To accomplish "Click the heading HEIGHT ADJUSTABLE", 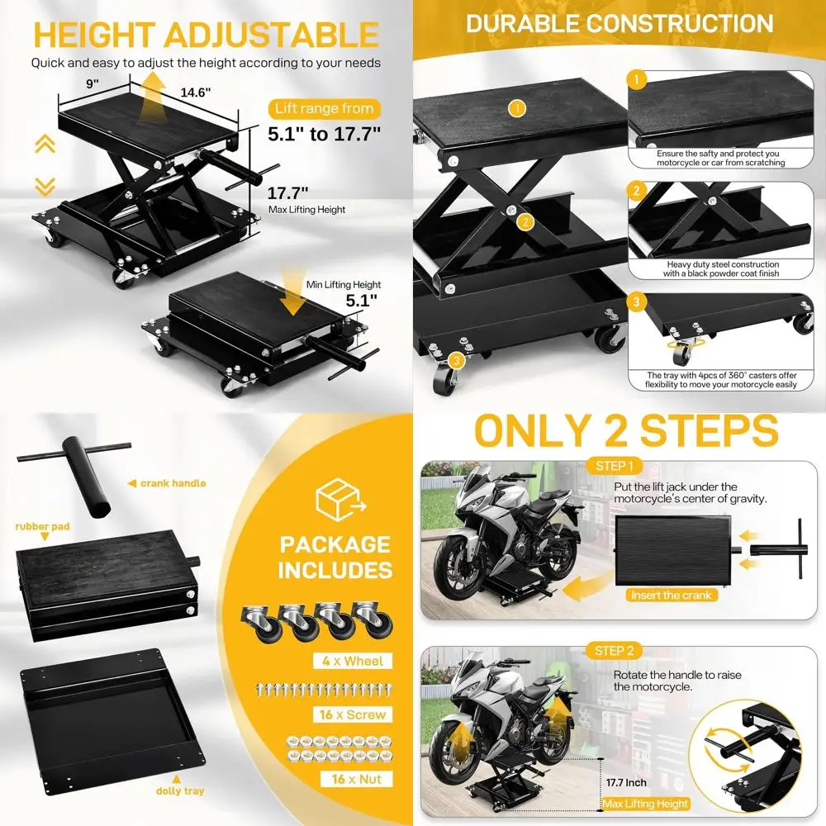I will [x=206, y=35].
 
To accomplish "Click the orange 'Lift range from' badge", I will [x=321, y=108].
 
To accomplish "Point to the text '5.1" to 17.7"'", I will [x=324, y=134].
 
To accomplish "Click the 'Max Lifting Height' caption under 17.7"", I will [x=306, y=210].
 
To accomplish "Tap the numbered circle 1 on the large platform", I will [x=517, y=107].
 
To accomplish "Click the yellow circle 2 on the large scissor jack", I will [x=523, y=221].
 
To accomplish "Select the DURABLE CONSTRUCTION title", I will [x=619, y=24].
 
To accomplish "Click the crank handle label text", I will [x=173, y=483].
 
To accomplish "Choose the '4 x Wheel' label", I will [x=354, y=661].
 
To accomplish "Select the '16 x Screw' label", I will [x=354, y=714].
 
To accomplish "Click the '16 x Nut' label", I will [x=354, y=778].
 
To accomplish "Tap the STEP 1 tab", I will [x=615, y=467].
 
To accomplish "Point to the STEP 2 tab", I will [x=615, y=651].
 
